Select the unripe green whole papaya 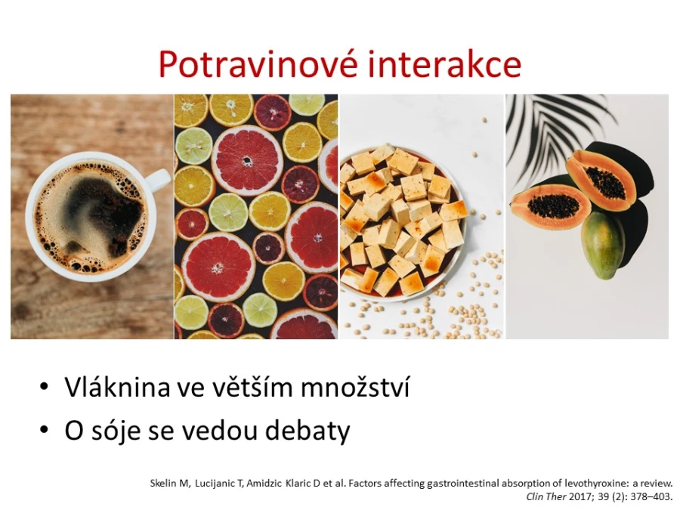coord(603,245)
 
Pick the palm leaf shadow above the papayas coord(559,130)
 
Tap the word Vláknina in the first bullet coord(118,387)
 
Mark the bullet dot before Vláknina coord(44,386)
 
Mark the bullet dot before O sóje coord(44,429)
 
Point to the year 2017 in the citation coord(580,496)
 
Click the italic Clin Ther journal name coord(546,496)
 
